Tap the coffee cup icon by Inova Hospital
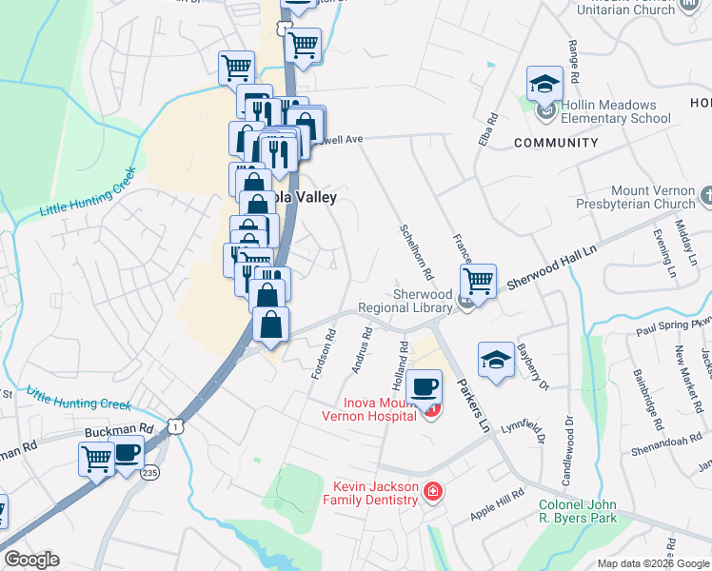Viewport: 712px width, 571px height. [x=424, y=386]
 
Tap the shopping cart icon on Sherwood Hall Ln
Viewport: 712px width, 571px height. [x=478, y=281]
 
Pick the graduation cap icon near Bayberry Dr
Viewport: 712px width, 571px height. [x=496, y=360]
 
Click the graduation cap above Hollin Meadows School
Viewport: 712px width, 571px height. [x=544, y=83]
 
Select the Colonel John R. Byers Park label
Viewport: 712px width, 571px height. [x=578, y=511]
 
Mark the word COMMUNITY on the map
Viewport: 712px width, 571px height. [x=556, y=143]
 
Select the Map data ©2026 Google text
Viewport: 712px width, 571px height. [x=652, y=563]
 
